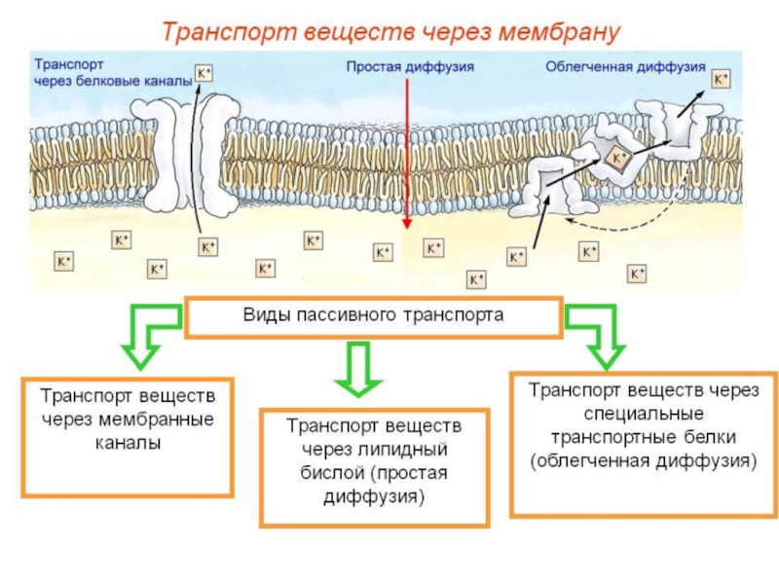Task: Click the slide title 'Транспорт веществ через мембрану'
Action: tap(390, 30)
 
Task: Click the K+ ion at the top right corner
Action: tap(722, 79)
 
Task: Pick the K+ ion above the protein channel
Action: tap(204, 74)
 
